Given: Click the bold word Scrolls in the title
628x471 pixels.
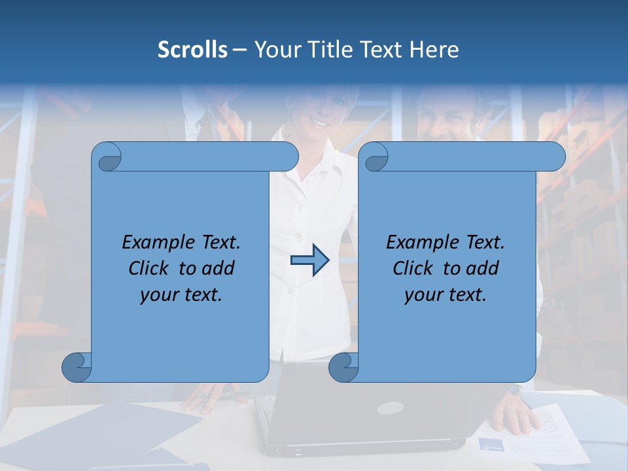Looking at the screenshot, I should [193, 50].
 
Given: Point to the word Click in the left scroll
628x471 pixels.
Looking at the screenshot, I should [150, 269].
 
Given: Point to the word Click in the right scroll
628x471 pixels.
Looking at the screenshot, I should [415, 269].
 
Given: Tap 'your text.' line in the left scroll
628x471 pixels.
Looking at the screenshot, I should [181, 295].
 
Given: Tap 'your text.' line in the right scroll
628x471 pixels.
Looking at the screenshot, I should [445, 295].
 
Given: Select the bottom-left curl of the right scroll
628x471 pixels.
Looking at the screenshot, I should [343, 367].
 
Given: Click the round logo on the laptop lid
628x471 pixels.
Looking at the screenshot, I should [390, 408].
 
